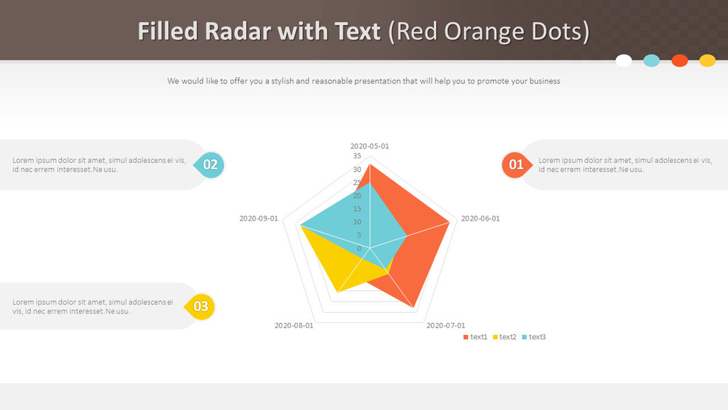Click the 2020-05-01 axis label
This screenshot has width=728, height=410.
[370, 146]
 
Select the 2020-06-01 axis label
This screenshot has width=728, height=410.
[480, 218]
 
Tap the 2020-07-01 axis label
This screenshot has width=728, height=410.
[446, 325]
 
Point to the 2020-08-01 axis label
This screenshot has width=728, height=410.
[294, 325]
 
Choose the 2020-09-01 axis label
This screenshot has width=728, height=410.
[259, 218]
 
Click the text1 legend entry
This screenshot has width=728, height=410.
[475, 337]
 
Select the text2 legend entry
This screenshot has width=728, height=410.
[505, 337]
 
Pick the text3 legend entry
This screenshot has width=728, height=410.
[534, 337]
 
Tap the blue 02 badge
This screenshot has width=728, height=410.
[209, 164]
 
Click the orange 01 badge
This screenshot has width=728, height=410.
[517, 164]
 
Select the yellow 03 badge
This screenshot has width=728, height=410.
[200, 306]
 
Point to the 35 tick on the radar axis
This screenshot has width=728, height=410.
[357, 156]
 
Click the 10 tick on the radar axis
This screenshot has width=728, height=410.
[357, 222]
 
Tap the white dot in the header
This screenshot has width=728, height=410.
[623, 60]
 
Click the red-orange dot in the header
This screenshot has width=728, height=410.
[679, 60]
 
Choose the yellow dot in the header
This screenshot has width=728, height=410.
[707, 60]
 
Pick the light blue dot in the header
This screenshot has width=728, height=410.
[651, 60]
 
